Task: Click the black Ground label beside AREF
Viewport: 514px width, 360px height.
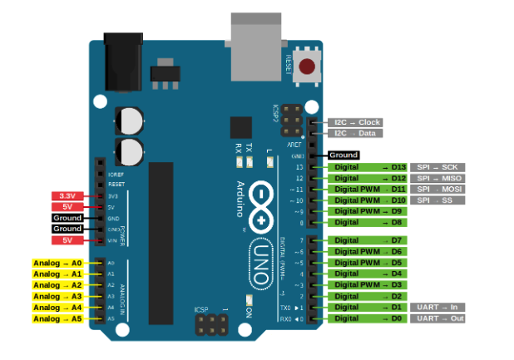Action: [343, 155]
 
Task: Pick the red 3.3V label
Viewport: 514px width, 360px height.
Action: [65, 196]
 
